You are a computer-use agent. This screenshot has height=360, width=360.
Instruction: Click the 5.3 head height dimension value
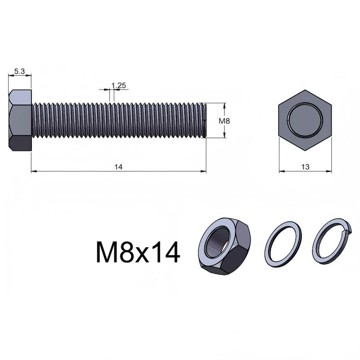pyautogui.click(x=19, y=72)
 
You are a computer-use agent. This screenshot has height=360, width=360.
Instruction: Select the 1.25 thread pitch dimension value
pyautogui.click(x=119, y=85)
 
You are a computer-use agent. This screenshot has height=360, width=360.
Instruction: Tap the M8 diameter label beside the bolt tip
pyautogui.click(x=224, y=121)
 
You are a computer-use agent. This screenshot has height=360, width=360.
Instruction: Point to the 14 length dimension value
pyautogui.click(x=118, y=167)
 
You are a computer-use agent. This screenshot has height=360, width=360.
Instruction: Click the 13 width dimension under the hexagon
pyautogui.click(x=305, y=167)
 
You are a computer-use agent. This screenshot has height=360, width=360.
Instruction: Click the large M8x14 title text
pyautogui.click(x=138, y=252)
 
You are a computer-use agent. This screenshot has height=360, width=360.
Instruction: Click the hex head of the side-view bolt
pyautogui.click(x=20, y=120)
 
